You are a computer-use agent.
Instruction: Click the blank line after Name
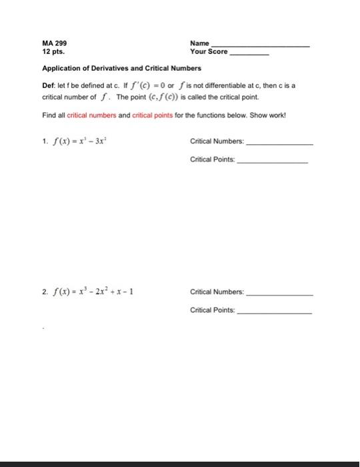coord(260,45)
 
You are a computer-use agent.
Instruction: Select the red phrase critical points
coord(153,115)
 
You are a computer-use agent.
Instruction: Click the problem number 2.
coord(43,292)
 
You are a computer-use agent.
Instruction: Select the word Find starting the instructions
coord(47,115)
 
